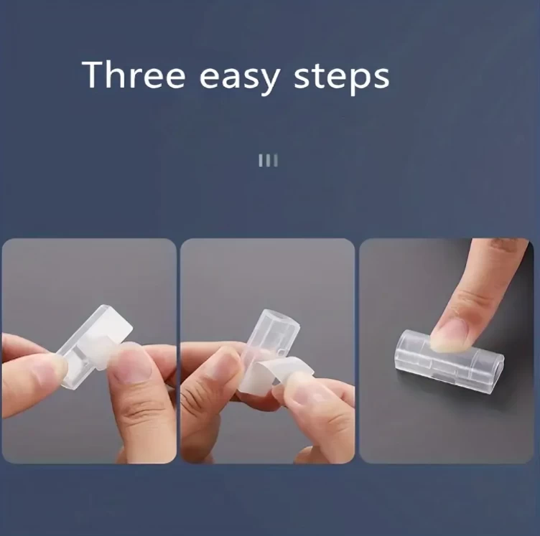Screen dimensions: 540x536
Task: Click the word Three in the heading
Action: click(x=134, y=75)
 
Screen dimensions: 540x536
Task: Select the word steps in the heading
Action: click(x=341, y=78)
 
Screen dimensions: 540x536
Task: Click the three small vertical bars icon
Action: click(x=268, y=160)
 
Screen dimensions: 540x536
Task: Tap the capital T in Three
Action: click(x=93, y=75)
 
